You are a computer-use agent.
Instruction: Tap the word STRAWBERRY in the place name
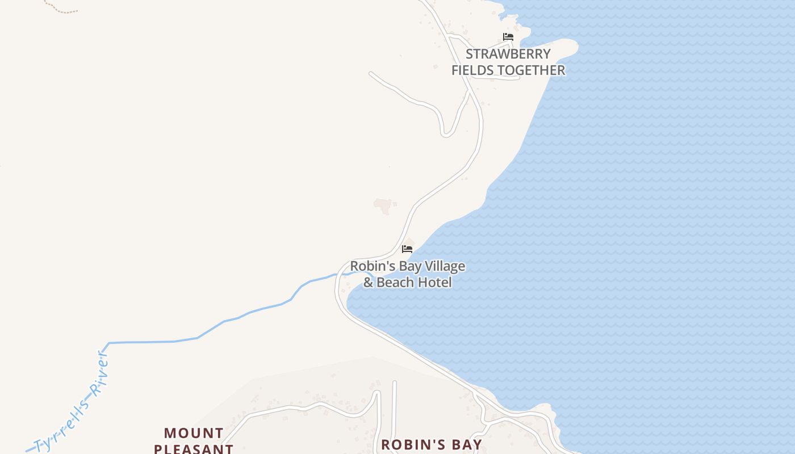(x=508, y=54)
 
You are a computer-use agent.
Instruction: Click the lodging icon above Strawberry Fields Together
(x=508, y=37)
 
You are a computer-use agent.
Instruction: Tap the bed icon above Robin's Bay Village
(x=407, y=249)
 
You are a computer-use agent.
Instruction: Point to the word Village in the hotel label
(x=442, y=266)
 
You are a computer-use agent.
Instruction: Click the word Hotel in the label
(x=434, y=282)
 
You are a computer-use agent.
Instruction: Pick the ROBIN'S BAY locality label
(x=432, y=444)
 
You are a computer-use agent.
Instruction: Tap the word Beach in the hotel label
(x=395, y=282)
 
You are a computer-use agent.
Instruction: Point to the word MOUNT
(x=194, y=433)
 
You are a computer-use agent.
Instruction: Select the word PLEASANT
(x=194, y=448)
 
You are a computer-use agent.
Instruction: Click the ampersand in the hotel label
(x=369, y=282)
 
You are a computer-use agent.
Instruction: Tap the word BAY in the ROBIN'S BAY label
(x=463, y=444)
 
